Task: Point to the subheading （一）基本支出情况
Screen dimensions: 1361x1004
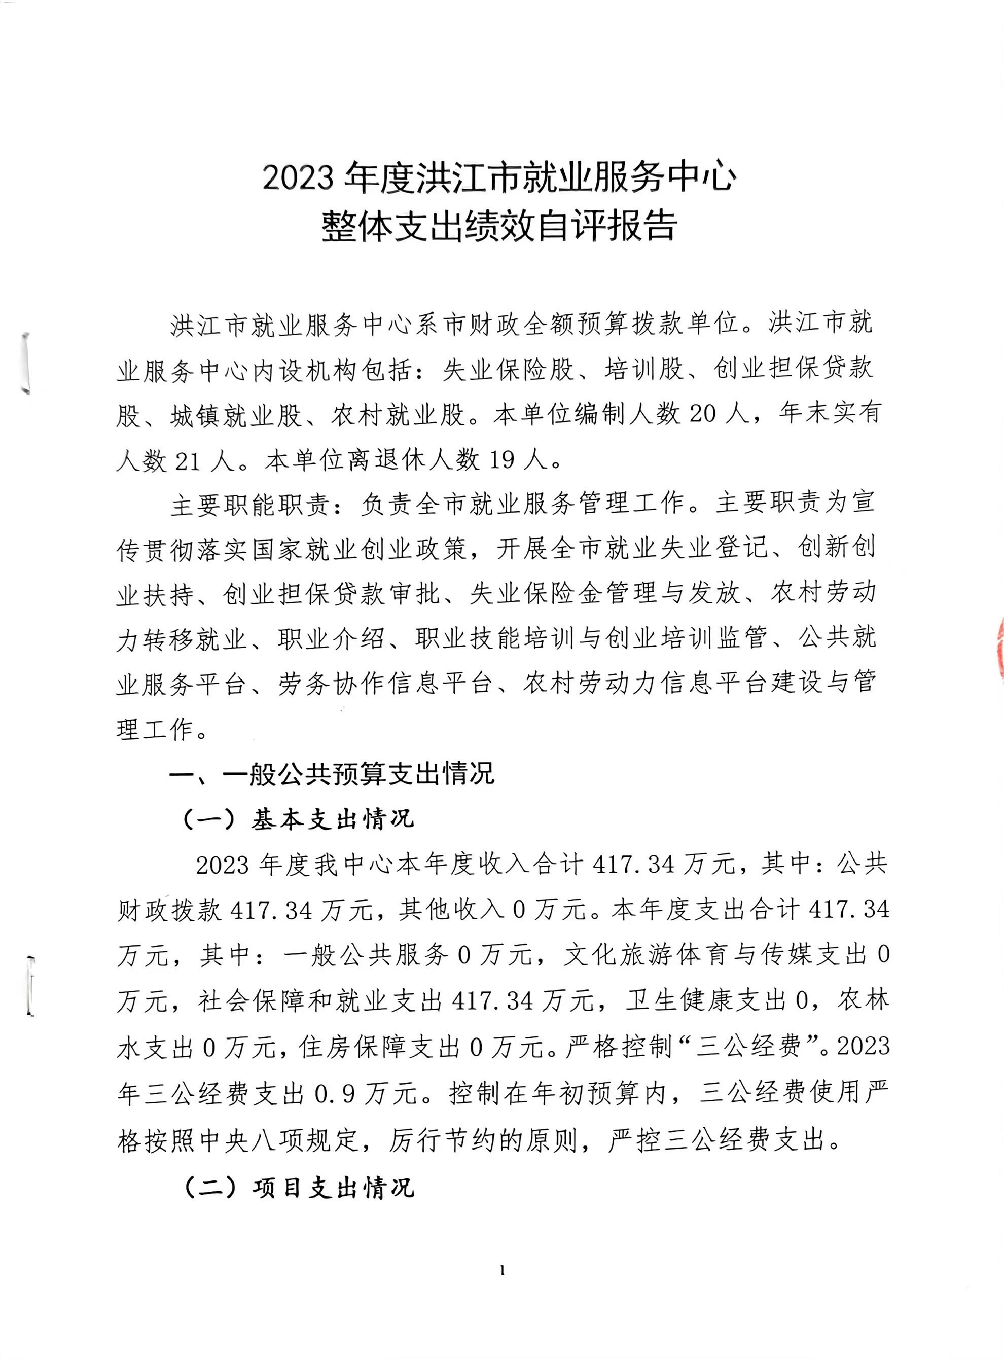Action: (298, 820)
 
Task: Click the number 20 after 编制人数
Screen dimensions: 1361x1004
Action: (703, 414)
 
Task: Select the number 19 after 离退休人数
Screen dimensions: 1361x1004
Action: (502, 460)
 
